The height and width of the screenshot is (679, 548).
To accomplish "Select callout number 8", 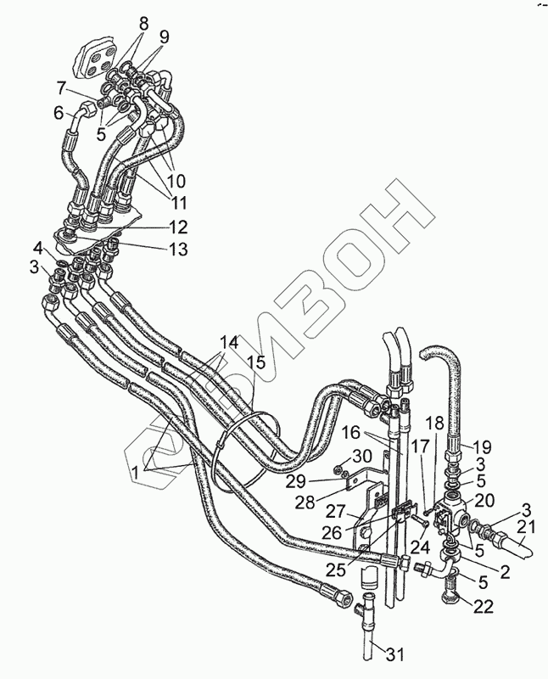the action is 143,25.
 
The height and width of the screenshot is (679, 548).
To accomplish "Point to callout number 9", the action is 164,37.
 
